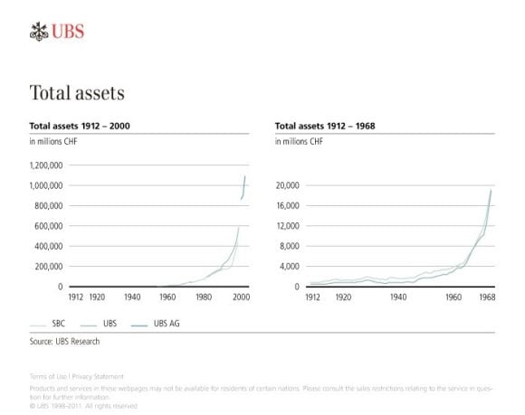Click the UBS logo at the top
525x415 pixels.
(x=56, y=33)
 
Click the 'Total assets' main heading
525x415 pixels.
(x=76, y=93)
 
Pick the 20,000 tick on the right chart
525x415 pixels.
(x=287, y=185)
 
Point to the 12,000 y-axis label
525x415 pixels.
(x=287, y=226)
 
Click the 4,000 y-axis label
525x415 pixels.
(x=289, y=267)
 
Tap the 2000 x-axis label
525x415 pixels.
(x=242, y=297)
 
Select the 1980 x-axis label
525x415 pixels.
(x=205, y=297)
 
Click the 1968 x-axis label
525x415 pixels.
(x=485, y=297)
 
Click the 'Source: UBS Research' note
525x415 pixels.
(x=65, y=342)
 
